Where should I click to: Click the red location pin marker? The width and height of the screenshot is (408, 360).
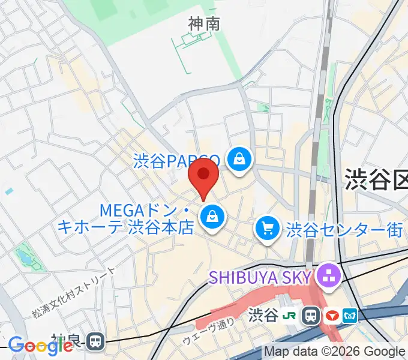(203, 175)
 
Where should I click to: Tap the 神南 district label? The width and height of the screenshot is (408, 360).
(204, 24)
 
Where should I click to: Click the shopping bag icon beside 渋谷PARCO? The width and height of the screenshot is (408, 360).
(239, 160)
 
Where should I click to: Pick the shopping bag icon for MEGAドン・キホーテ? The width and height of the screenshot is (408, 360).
(212, 218)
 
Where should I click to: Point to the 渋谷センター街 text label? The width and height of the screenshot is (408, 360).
(344, 229)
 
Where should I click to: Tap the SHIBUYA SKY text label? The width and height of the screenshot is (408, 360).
(260, 277)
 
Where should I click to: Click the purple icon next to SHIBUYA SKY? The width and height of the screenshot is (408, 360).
(329, 277)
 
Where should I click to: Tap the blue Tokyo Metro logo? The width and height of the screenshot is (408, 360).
(350, 315)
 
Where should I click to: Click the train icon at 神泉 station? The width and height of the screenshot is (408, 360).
(95, 342)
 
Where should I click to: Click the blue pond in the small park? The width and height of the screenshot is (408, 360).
(25, 259)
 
